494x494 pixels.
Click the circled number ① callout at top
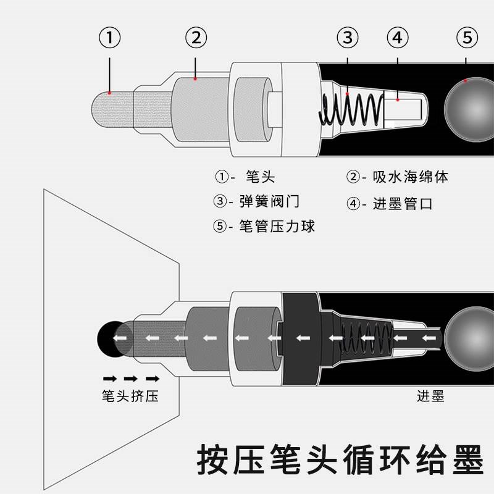(x=109, y=38)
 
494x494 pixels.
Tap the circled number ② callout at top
(x=196, y=38)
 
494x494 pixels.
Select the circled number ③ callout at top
(x=348, y=38)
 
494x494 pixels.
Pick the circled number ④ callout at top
(x=398, y=38)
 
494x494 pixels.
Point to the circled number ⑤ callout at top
(x=467, y=38)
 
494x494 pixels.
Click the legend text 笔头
(x=259, y=177)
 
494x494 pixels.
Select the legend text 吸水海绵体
(x=410, y=177)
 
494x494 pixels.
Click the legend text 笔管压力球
(x=277, y=227)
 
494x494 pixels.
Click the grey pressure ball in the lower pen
(x=471, y=338)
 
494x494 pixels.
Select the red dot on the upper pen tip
(x=109, y=93)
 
